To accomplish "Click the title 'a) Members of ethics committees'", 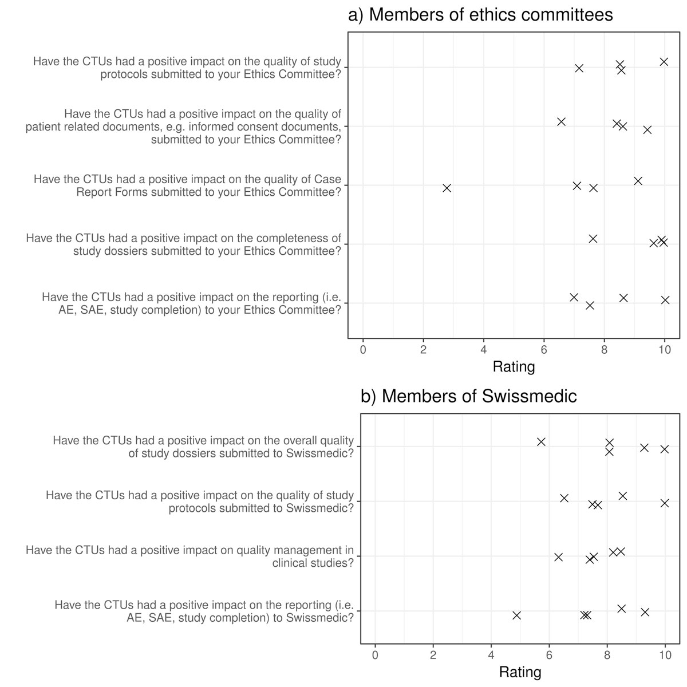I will tap(480, 14).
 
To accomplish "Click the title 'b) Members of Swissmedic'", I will tap(468, 396).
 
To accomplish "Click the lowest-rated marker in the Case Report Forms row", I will tap(447, 188).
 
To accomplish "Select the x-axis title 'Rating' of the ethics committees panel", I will tap(514, 366).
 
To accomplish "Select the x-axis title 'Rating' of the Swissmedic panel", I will tap(520, 672).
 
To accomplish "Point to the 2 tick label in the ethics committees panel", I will tap(423, 350).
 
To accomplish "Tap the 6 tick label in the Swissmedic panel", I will tap(549, 656).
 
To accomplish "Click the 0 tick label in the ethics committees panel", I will tap(363, 350).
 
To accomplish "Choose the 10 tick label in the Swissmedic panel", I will tap(665, 656).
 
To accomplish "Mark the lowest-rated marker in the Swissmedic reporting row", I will tap(516, 615).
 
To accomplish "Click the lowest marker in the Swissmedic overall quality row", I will tap(541, 441).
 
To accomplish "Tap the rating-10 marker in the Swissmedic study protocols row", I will tap(664, 503).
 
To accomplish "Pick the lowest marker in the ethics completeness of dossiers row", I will tap(593, 238).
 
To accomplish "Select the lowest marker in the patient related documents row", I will tap(561, 121).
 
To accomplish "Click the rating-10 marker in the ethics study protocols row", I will tap(664, 61).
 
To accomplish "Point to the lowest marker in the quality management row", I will tap(558, 557).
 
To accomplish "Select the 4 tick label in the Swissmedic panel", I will tap(491, 656).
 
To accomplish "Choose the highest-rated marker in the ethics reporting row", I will tap(665, 299).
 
